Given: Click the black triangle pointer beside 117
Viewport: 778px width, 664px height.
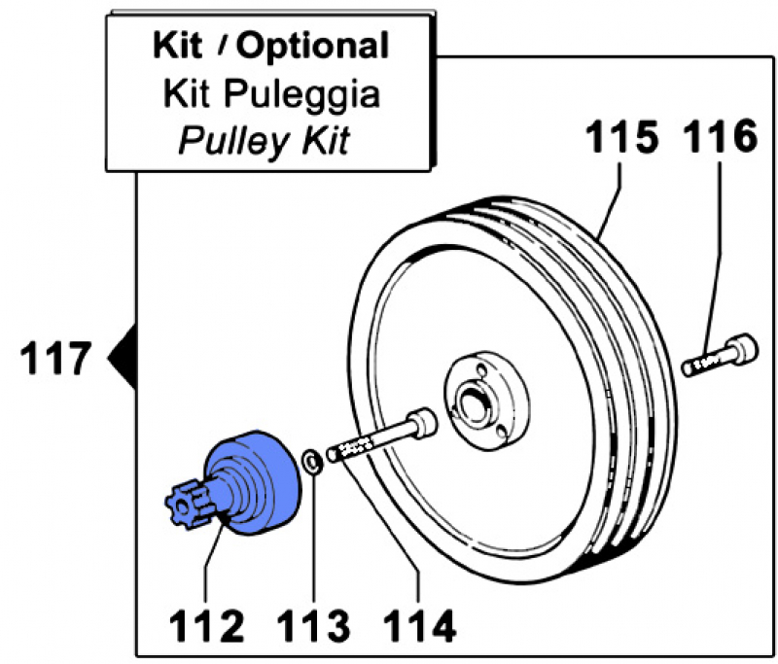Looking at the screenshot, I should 121,359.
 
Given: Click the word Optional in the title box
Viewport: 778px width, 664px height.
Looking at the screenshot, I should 313,45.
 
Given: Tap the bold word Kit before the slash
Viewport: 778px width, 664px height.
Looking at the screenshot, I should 180,45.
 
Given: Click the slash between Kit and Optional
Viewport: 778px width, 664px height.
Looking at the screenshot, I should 225,46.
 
